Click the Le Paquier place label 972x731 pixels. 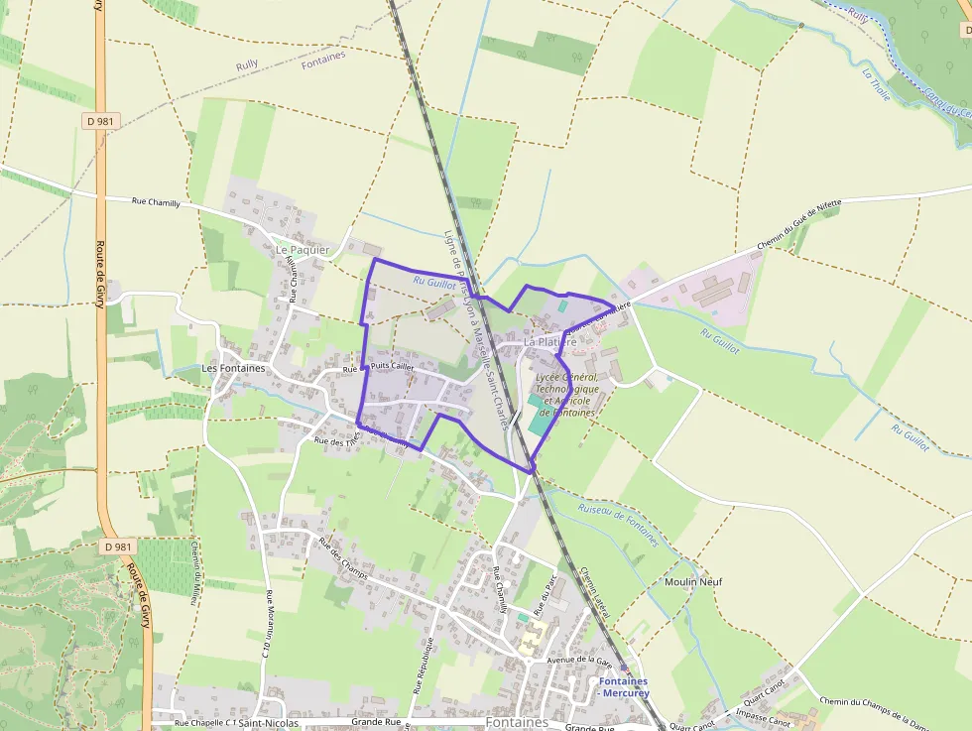click(303, 249)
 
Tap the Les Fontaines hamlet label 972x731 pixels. click(233, 368)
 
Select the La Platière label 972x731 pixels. click(549, 341)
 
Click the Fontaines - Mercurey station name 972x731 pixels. click(624, 687)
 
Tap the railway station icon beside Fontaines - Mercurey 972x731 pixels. click(624, 670)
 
